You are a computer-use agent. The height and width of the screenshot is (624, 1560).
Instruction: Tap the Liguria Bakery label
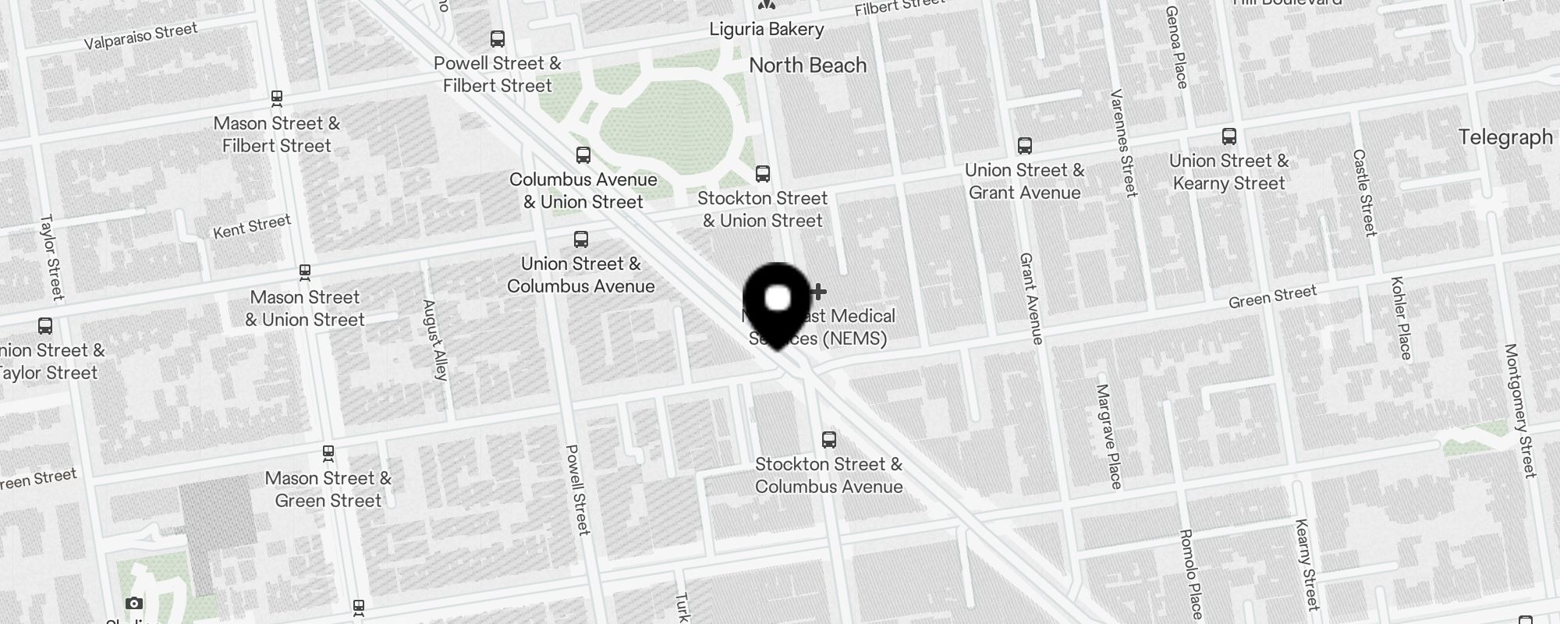766,30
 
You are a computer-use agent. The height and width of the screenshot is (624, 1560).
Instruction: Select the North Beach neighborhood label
807,66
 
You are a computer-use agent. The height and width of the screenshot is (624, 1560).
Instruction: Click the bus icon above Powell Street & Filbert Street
497,38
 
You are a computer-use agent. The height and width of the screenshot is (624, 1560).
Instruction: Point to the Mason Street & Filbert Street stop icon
276,98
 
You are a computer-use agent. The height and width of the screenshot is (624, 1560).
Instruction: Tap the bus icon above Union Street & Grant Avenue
1024,146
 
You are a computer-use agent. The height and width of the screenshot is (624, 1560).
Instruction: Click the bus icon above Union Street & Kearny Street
1229,136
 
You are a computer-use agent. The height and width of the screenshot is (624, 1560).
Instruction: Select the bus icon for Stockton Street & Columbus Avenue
828,440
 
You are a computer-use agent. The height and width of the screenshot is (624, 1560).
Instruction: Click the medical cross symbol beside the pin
817,292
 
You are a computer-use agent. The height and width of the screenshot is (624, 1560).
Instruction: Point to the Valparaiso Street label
140,36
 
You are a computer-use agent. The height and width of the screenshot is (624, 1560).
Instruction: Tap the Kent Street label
252,226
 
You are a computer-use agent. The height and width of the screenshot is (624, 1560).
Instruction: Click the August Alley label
434,339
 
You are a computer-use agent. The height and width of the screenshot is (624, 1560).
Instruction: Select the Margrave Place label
1108,436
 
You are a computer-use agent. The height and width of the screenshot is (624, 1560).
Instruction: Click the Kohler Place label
1401,317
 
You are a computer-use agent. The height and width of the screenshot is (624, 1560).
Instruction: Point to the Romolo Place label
1191,573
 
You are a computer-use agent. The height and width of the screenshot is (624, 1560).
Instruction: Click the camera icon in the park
134,603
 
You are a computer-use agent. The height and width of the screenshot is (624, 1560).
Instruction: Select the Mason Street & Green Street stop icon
328,452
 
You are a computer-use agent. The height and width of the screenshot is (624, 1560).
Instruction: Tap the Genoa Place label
1176,47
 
